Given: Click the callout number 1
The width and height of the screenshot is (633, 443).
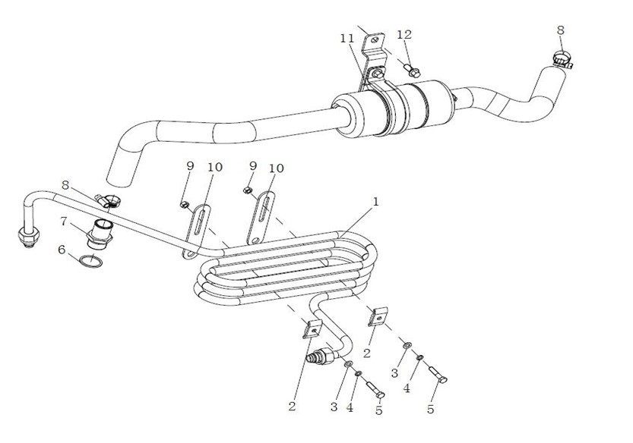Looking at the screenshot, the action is tap(375, 202).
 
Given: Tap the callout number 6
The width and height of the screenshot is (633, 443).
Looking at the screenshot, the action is tap(62, 250).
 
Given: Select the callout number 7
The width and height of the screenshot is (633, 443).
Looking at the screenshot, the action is tap(63, 221).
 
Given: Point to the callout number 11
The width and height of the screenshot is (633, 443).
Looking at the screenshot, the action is tap(347, 38).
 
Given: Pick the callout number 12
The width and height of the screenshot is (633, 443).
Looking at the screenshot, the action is tap(404, 34).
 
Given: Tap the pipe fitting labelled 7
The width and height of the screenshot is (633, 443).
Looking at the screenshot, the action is tap(100, 234).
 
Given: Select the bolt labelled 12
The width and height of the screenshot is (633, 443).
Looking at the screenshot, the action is tap(412, 69).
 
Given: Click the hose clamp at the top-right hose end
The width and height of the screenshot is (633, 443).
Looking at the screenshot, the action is tap(562, 60).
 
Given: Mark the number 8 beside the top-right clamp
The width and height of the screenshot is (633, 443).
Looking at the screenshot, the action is tap(560, 30).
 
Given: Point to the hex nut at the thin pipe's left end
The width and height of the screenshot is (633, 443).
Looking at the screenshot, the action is tap(29, 236).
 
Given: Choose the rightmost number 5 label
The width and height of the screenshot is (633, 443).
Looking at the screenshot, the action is tap(431, 409).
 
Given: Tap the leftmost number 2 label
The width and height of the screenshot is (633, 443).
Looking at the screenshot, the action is tap(292, 407).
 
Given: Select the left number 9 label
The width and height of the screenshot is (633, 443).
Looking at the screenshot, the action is tap(190, 165).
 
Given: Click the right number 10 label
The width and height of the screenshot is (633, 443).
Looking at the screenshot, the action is tap(276, 168).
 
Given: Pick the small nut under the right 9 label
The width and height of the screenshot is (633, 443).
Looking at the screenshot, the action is tap(248, 190).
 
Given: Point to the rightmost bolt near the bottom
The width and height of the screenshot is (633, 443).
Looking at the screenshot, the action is tap(438, 375).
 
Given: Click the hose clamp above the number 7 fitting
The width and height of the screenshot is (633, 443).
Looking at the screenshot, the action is tap(108, 200).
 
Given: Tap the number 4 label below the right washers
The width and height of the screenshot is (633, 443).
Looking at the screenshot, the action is tap(407, 388).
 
